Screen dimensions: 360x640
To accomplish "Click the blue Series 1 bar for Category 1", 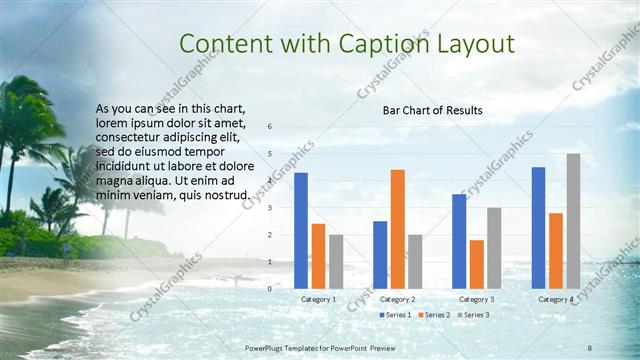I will pyautogui.click(x=301, y=231).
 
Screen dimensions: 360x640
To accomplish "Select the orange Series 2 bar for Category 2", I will pyautogui.click(x=398, y=229).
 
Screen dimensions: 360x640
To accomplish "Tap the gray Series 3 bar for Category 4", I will pyautogui.click(x=573, y=221).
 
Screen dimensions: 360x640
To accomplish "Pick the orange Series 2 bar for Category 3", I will pyautogui.click(x=476, y=264).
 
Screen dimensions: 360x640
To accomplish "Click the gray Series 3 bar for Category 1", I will pyautogui.click(x=336, y=262).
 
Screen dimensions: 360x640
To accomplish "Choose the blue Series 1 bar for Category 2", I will pyautogui.click(x=380, y=255).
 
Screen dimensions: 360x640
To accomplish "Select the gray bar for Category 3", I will pyautogui.click(x=494, y=248).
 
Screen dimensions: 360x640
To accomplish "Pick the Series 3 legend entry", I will pyautogui.click(x=475, y=315).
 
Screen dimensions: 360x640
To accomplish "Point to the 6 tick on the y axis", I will pyautogui.click(x=268, y=127).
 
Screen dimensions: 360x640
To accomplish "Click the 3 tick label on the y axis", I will pyautogui.click(x=268, y=208).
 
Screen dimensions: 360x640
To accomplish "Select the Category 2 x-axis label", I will pyautogui.click(x=398, y=299).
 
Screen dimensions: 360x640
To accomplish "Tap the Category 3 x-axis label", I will pyautogui.click(x=476, y=299).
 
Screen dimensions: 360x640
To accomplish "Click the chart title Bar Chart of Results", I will pyautogui.click(x=433, y=110).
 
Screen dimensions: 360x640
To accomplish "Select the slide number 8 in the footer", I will pyautogui.click(x=589, y=346).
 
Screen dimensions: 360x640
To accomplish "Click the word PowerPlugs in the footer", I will pyautogui.click(x=269, y=346).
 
